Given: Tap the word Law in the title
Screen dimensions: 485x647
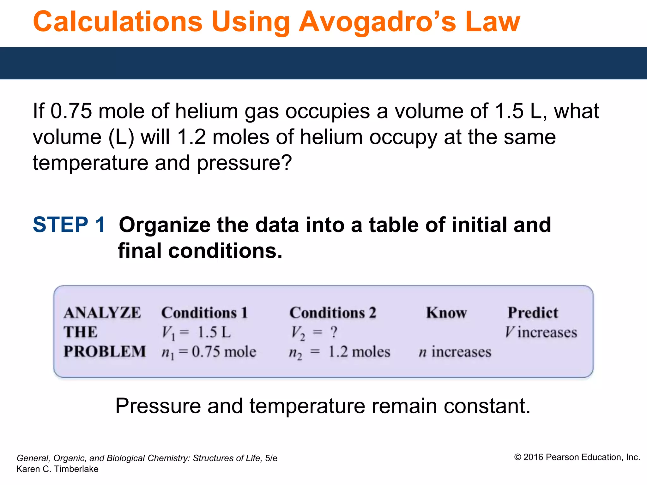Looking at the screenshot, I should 493,22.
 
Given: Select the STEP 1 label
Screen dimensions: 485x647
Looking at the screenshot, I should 69,225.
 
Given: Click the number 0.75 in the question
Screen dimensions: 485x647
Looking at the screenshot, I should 71,111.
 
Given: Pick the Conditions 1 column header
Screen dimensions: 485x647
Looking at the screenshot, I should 204,313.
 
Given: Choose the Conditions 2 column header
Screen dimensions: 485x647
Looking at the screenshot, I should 333,313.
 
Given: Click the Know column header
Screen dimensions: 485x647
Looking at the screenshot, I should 446,313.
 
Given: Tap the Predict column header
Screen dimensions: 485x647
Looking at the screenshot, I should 533,313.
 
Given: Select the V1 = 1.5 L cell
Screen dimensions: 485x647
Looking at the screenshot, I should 196,332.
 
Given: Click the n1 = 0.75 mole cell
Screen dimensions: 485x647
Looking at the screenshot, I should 209,352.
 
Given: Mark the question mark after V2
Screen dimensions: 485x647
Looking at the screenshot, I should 334,332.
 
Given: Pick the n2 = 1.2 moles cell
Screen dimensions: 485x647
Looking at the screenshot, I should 340,352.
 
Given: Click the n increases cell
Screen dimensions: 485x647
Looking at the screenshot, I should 455,352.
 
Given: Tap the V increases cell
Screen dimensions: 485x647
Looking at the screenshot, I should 541,332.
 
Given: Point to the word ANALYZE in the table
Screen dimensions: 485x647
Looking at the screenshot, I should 102,313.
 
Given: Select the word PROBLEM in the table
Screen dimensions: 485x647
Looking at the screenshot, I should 105,352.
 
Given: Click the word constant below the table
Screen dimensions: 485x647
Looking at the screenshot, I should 487,406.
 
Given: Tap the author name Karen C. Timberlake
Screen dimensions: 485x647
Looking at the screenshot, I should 57,469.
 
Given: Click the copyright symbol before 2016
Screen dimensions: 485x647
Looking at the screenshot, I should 517,457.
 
